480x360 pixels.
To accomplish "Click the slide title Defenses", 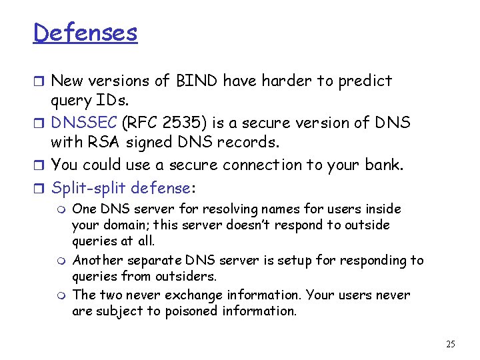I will [85, 33].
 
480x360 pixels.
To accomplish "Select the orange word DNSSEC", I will [85, 123].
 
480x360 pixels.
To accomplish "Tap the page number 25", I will [450, 344].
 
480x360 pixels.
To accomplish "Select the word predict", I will [365, 81].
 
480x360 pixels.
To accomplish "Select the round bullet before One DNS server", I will [62, 210].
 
